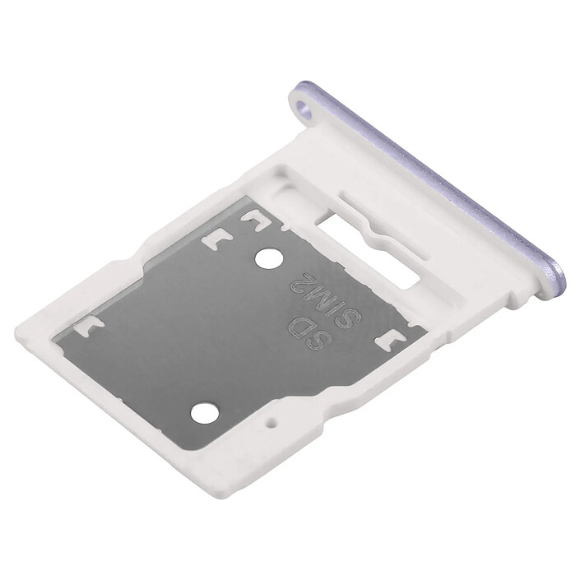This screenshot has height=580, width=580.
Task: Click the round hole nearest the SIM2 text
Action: (x=267, y=259)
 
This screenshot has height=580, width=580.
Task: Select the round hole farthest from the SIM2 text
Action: (x=204, y=411)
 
